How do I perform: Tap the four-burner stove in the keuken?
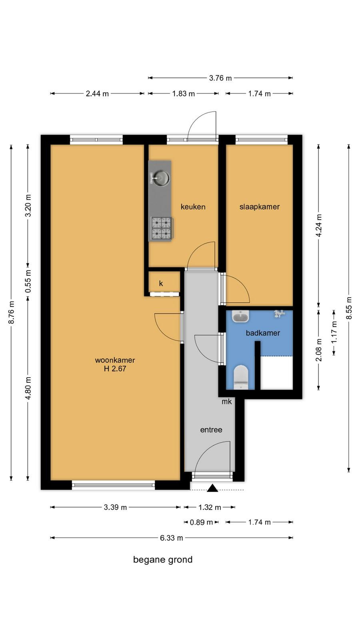click(x=162, y=228)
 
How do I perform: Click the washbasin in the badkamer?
click(x=240, y=316)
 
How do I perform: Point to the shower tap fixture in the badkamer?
click(x=280, y=314)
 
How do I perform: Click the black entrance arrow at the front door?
click(x=212, y=488)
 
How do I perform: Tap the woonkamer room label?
click(x=115, y=360)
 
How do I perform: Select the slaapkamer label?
click(x=260, y=207)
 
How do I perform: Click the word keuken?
click(x=193, y=207)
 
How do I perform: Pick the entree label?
click(x=211, y=430)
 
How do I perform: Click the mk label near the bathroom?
click(x=227, y=402)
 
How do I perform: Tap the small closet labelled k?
click(x=161, y=284)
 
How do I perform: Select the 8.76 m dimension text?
click(x=12, y=312)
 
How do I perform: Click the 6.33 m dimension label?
click(x=172, y=538)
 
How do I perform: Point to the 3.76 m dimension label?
click(x=220, y=78)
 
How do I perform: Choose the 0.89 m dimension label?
click(x=202, y=522)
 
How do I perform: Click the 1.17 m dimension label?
click(x=334, y=332)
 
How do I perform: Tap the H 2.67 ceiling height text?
click(x=115, y=368)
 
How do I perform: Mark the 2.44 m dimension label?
click(x=98, y=94)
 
